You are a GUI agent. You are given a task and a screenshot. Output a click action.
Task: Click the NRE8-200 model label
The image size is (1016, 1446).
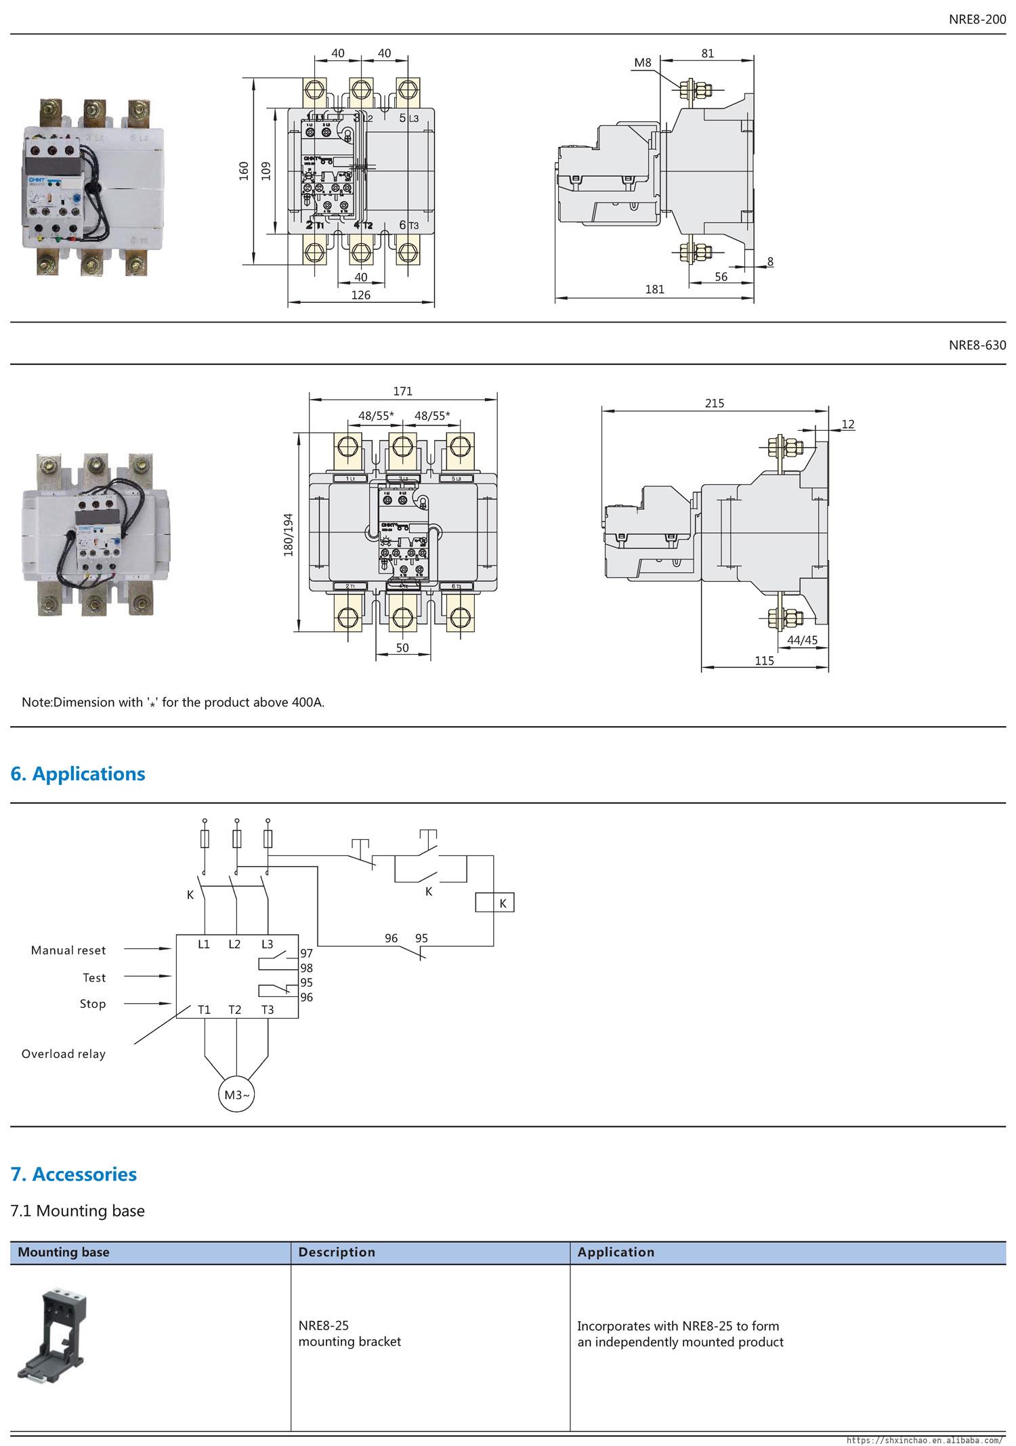coord(977,20)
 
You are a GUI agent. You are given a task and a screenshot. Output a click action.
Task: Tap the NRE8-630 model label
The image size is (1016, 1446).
coord(977,345)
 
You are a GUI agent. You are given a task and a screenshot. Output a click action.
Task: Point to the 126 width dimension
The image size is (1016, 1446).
coord(361,295)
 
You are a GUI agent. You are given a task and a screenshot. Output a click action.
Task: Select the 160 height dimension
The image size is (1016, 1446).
coord(244,171)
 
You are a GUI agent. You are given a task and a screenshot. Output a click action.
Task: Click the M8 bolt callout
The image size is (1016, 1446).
coord(642,63)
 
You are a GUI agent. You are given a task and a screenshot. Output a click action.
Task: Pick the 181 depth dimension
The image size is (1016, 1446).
coord(654,289)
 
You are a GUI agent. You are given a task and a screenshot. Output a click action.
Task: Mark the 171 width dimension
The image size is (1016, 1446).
coord(402,391)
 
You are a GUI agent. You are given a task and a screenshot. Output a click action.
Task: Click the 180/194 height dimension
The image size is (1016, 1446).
coord(289,535)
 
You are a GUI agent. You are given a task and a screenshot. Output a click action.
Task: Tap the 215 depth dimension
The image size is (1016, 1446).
coord(714,403)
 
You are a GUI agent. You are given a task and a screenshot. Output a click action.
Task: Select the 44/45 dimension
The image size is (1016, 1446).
coord(802,640)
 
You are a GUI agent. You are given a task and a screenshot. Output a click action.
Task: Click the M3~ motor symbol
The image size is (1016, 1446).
coord(236,1094)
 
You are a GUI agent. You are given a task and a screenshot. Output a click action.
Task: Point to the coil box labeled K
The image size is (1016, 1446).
coord(494,903)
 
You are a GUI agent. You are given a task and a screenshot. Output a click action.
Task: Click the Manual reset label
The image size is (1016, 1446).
coord(68,950)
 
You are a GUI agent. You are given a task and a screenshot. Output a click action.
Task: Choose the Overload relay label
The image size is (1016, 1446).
coord(64,1054)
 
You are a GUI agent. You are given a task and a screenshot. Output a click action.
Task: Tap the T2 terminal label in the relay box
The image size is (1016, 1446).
coord(234,1010)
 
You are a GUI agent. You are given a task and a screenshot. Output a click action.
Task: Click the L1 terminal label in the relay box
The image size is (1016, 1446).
coord(204,943)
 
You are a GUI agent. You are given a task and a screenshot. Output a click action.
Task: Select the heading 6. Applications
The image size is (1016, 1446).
coord(78,773)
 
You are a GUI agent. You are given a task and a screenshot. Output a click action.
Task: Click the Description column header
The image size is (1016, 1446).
coord(337,1252)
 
